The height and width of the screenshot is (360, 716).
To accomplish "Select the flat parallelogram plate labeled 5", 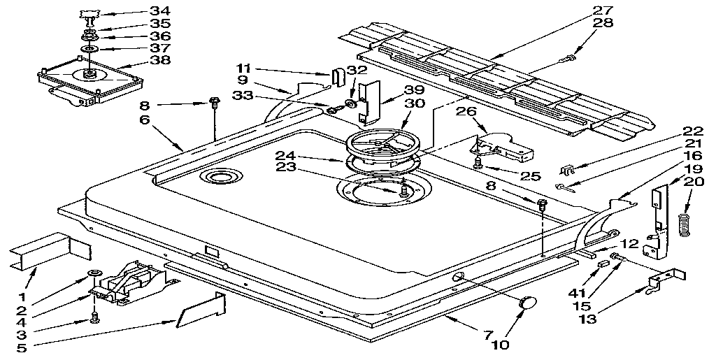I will tap(201, 311).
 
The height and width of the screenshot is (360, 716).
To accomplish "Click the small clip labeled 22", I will tap(568, 170).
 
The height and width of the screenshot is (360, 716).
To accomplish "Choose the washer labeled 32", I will tap(350, 106).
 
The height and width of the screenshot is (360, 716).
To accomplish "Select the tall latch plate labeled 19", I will tap(659, 210).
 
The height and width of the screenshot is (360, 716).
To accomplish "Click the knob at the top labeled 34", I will tap(90, 14).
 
